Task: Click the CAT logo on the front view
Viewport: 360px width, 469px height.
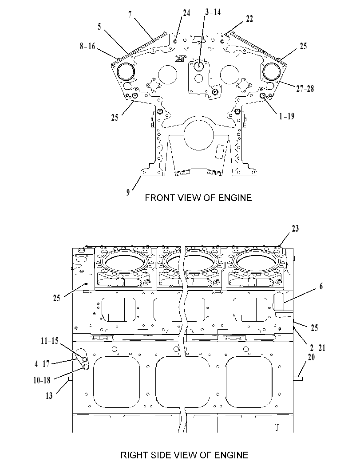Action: click(x=181, y=58)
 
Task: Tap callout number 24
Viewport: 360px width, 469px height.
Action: click(x=186, y=13)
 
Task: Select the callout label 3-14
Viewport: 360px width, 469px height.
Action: click(x=213, y=12)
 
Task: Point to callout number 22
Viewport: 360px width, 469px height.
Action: click(x=249, y=19)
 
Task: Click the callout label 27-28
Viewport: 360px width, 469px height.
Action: click(x=305, y=89)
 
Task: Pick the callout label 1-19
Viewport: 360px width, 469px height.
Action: click(x=287, y=116)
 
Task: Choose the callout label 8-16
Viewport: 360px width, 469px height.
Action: click(x=87, y=46)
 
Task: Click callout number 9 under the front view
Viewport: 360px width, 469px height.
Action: click(x=128, y=192)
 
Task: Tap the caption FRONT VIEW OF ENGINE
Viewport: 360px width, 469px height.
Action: click(x=198, y=198)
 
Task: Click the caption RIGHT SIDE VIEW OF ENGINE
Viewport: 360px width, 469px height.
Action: click(x=184, y=455)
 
